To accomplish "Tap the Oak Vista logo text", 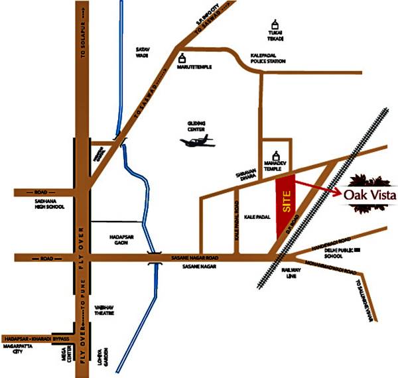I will [x=369, y=194].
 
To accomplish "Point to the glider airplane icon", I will [x=198, y=141].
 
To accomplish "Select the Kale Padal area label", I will [x=255, y=218].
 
